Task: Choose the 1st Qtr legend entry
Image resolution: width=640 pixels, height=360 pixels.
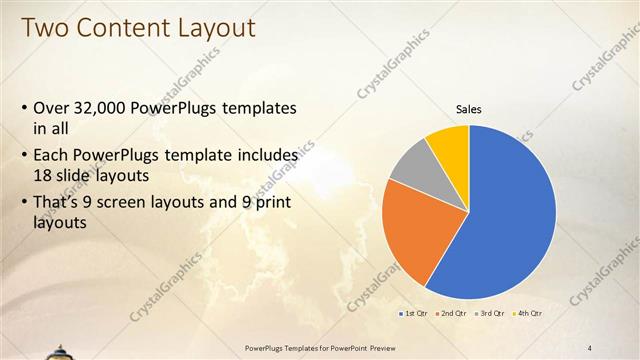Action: [x=415, y=314]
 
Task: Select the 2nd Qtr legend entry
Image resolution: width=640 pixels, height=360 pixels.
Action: [x=451, y=314]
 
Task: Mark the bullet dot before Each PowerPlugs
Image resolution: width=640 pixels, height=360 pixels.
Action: [x=24, y=157]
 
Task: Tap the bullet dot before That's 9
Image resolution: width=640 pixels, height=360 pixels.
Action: [x=24, y=204]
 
